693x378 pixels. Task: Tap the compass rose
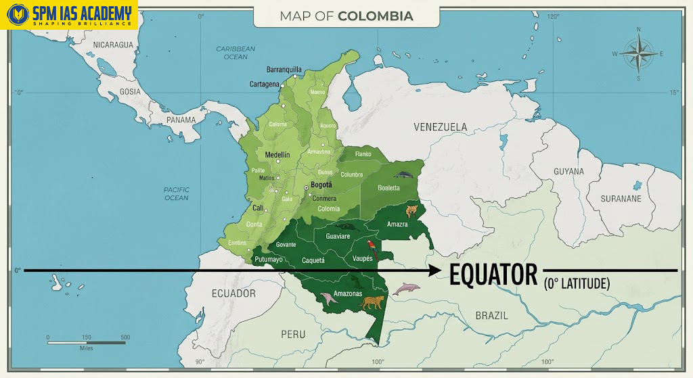638,54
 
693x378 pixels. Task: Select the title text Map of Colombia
346,16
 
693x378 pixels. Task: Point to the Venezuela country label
441,127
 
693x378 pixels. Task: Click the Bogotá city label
321,185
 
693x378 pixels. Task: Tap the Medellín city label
277,155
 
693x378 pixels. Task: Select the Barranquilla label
284,70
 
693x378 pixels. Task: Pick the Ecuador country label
233,293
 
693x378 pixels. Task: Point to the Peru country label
293,334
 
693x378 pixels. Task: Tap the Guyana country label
568,172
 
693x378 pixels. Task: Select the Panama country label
181,120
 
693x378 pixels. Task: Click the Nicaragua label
114,45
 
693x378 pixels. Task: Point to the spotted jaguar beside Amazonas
372,302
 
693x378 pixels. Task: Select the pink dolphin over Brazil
406,289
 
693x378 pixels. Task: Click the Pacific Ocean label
177,194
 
